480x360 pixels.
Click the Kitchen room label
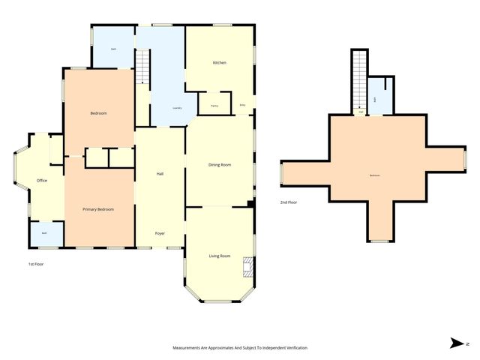[x=219, y=62]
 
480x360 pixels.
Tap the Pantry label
[x=214, y=106]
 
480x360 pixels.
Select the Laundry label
[x=177, y=108]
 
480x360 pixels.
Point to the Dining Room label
[x=219, y=164]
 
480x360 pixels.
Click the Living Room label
[x=219, y=256]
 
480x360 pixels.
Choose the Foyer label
[x=160, y=233]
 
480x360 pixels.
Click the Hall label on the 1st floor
[x=160, y=173]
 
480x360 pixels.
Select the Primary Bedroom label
[x=98, y=209]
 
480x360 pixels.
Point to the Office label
[x=42, y=180]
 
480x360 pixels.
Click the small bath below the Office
[x=44, y=234]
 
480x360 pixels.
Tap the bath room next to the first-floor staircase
[x=113, y=49]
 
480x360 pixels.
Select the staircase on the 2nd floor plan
[x=360, y=79]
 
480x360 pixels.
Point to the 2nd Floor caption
[x=289, y=202]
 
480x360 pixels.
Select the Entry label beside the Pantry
[x=243, y=106]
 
